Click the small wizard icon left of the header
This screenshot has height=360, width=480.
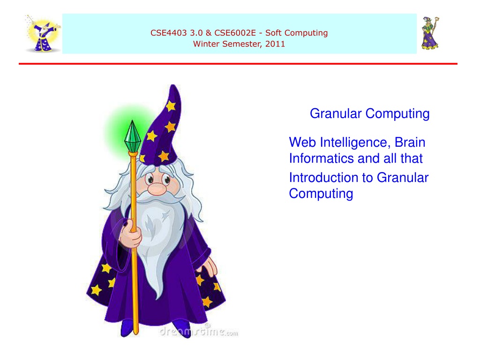coord(43,34)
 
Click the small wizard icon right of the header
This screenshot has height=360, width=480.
coord(430,33)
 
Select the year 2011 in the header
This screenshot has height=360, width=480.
coord(275,44)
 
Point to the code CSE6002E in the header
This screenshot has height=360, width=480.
coord(235,33)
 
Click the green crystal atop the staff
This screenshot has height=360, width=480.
coord(133,136)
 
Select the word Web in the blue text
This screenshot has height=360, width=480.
coord(302,142)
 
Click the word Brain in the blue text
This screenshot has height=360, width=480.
coord(410,142)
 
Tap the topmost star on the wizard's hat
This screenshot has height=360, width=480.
coord(171,106)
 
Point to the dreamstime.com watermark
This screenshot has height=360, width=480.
coord(199,331)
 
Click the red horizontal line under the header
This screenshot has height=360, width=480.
coord(238,64)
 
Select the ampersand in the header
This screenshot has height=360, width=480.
coord(209,33)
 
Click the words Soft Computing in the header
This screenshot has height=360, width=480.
coord(296,33)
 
